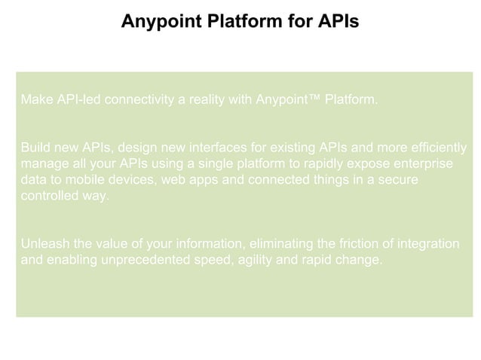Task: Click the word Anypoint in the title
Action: pos(157,22)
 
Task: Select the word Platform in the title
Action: pos(239,22)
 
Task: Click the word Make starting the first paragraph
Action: pos(35,99)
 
